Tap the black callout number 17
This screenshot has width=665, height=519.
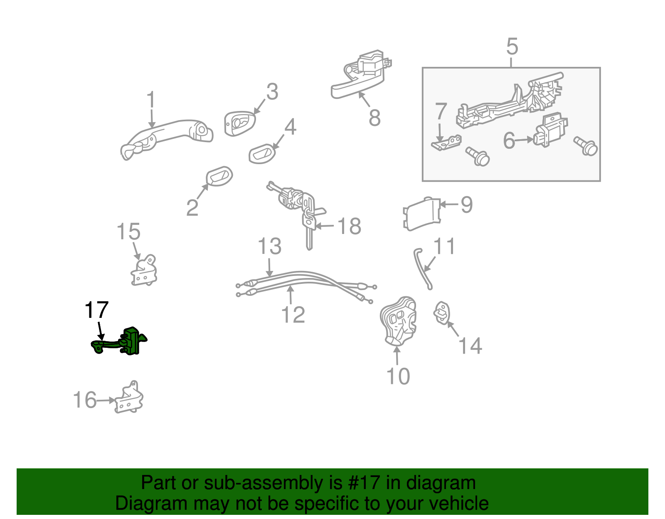point(96,310)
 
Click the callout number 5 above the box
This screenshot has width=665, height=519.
point(512,47)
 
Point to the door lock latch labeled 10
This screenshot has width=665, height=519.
point(398,322)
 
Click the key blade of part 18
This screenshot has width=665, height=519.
point(309,239)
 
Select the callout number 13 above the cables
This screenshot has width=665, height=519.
point(270,247)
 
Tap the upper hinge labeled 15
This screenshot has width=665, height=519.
point(144,271)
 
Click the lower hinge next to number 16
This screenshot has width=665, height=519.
point(129,399)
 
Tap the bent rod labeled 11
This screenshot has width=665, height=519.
point(423,268)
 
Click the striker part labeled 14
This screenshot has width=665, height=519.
point(442,312)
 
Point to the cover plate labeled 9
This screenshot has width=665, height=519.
point(421,214)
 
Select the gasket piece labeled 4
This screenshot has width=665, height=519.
point(262,154)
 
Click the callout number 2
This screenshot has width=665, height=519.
point(192,208)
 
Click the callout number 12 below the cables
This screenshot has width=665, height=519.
point(293,315)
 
